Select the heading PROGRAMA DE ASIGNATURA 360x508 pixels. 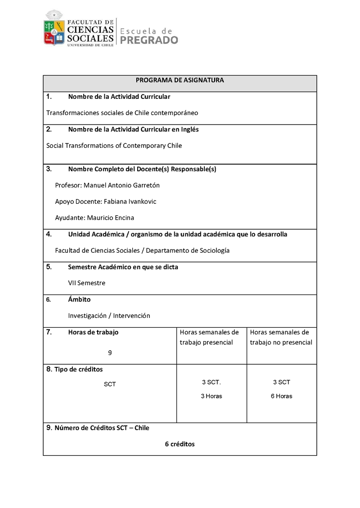click(x=180, y=80)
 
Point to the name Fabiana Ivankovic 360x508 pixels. click(x=130, y=201)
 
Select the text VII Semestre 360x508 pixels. click(x=86, y=283)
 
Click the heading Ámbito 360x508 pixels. click(x=79, y=299)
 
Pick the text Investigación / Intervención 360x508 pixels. click(x=109, y=316)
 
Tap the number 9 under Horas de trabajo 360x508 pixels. click(x=110, y=353)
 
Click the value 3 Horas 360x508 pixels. click(x=211, y=396)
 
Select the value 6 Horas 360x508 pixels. click(x=281, y=396)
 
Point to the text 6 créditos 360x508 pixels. click(x=180, y=444)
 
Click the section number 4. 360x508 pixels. click(x=49, y=234)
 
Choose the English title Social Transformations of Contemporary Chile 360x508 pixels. click(x=114, y=146)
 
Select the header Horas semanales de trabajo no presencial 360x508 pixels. click(x=281, y=337)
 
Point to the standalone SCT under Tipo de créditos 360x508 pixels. click(x=110, y=384)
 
